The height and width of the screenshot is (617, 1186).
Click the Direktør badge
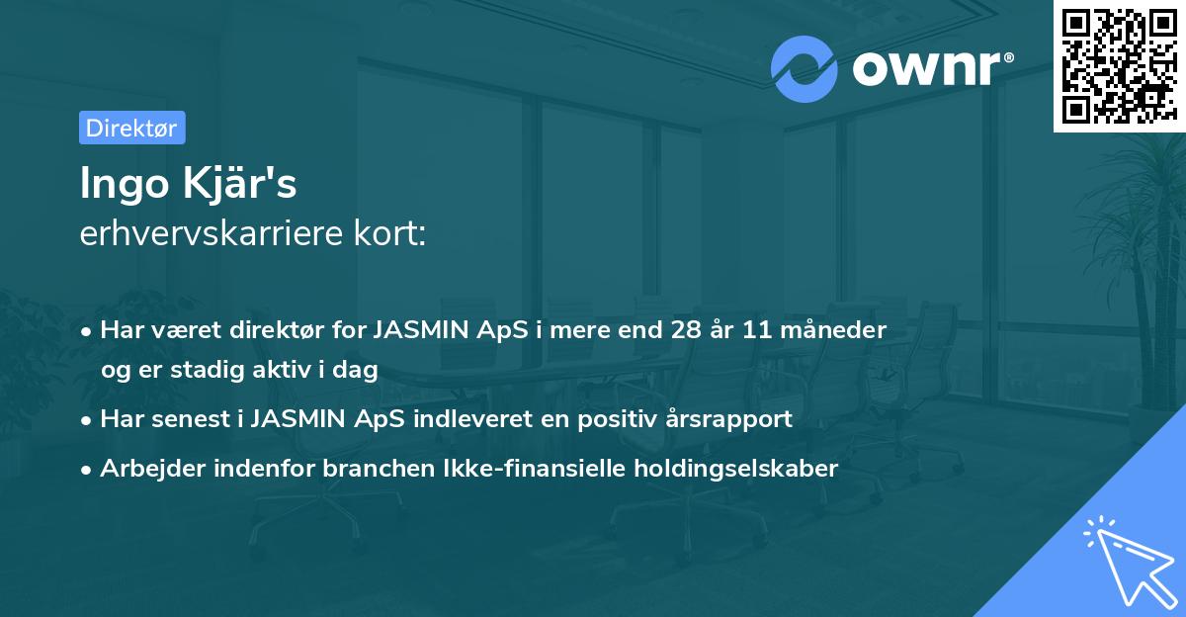click(131, 128)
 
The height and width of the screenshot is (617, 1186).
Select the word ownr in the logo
click(929, 68)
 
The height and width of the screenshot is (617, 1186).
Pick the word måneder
click(838, 329)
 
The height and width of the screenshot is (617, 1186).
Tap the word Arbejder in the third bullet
click(147, 469)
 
